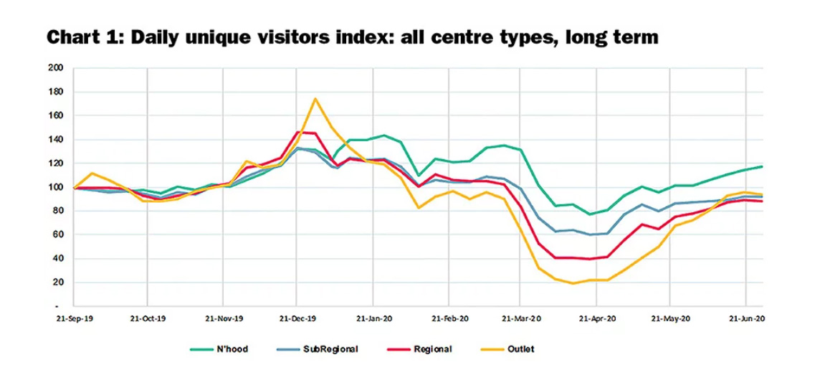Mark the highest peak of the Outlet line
tap(315, 99)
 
